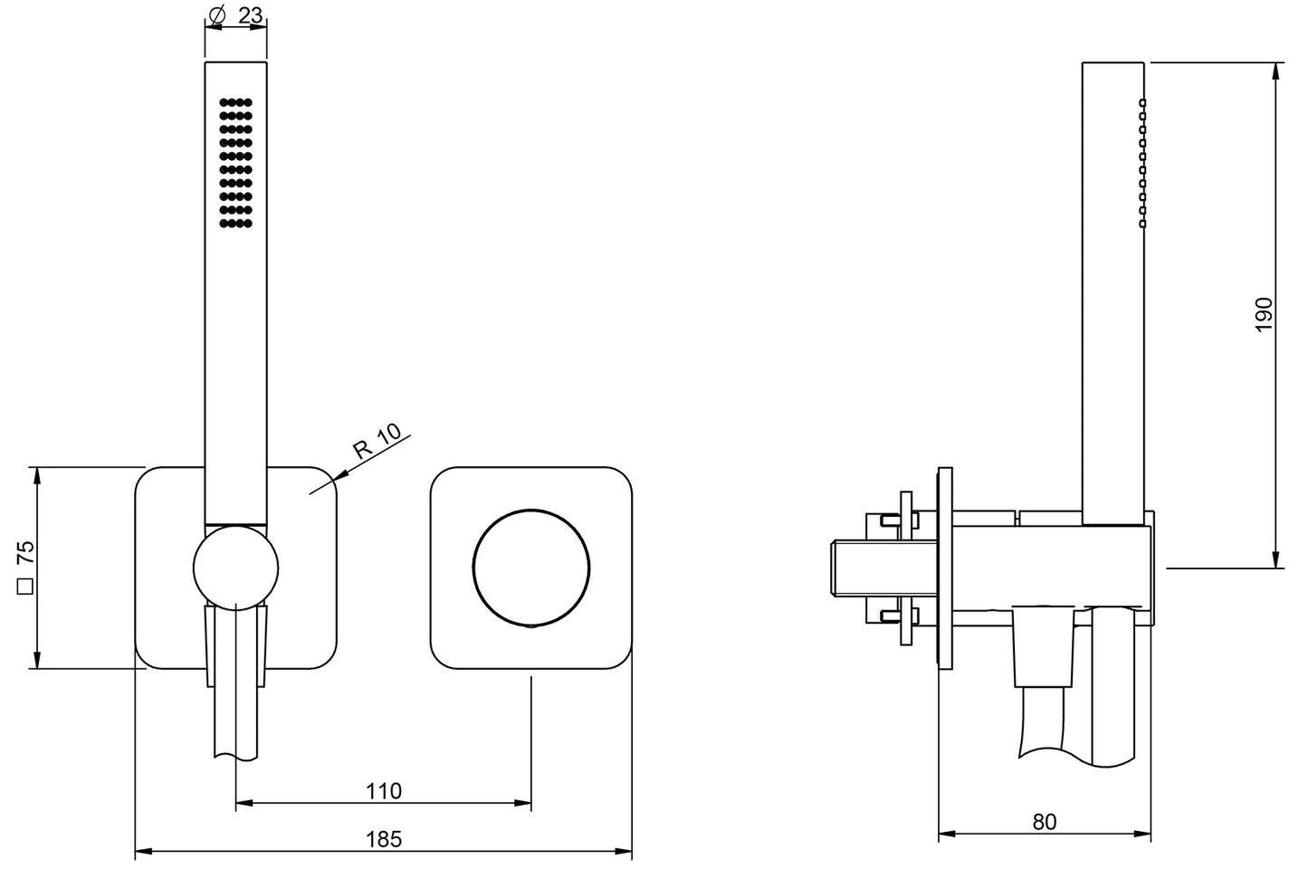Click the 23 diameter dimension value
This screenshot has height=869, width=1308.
coord(252,16)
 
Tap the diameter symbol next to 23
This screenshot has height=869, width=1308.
coord(216,16)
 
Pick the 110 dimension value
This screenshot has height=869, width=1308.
coord(383,791)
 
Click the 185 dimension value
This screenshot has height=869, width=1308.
coord(383,839)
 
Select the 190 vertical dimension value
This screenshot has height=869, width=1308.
coord(1265,313)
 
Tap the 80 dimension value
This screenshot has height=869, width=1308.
coord(1044,822)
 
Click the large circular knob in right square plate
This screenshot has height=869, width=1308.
coord(531,568)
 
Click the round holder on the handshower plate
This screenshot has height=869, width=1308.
coord(235,567)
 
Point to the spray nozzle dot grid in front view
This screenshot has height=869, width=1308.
coord(235,163)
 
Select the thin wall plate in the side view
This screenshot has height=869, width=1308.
coord(945,568)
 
